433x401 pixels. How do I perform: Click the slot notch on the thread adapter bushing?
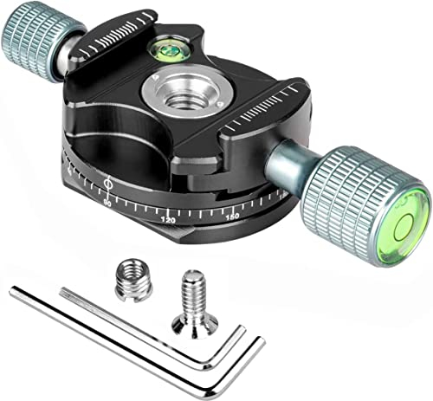133,272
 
